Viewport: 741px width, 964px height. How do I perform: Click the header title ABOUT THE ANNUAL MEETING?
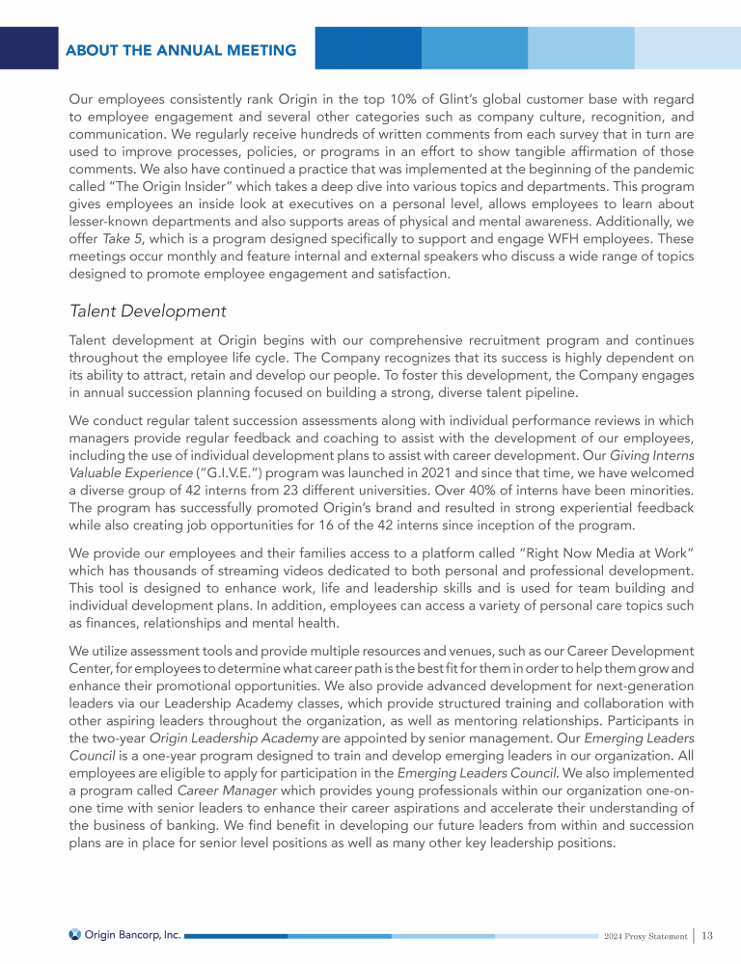coord(181,50)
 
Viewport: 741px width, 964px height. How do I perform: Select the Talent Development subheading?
coord(148,311)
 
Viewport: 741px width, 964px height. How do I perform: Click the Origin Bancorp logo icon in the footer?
coord(75,934)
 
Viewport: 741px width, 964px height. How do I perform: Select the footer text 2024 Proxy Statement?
coord(645,936)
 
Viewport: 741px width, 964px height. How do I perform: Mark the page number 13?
coord(708,935)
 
